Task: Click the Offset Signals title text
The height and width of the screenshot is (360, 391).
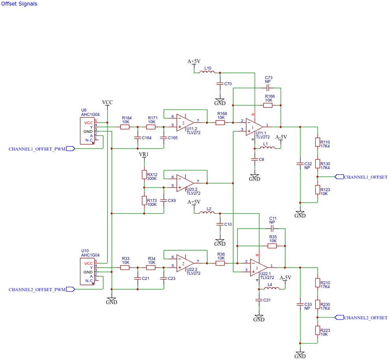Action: click(19, 4)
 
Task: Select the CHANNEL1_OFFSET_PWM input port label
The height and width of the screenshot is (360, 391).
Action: click(37, 149)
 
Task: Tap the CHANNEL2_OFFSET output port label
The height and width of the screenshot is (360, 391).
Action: click(365, 318)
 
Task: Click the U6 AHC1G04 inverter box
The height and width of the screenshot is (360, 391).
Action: click(87, 131)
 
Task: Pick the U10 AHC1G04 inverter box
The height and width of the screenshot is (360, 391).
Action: click(87, 271)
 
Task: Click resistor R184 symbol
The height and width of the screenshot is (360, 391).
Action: click(125, 127)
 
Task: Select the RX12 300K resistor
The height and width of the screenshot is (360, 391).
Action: click(144, 175)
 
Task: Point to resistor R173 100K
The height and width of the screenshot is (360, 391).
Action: click(144, 201)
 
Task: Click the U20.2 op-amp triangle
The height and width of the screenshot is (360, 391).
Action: click(185, 183)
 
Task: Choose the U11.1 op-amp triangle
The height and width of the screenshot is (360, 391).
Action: click(254, 127)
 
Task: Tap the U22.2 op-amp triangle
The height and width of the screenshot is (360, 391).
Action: click(185, 263)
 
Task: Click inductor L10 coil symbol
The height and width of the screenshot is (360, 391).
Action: click(207, 72)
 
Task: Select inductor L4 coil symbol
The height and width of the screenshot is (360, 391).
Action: click(272, 288)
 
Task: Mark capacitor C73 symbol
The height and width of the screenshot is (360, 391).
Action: click(268, 88)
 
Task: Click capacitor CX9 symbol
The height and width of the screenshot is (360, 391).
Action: click(164, 200)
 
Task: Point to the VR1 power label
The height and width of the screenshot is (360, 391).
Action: click(144, 155)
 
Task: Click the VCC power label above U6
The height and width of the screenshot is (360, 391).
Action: click(107, 102)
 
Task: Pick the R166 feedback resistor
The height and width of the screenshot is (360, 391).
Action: click(268, 105)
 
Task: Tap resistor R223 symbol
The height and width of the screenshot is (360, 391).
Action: click(317, 330)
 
